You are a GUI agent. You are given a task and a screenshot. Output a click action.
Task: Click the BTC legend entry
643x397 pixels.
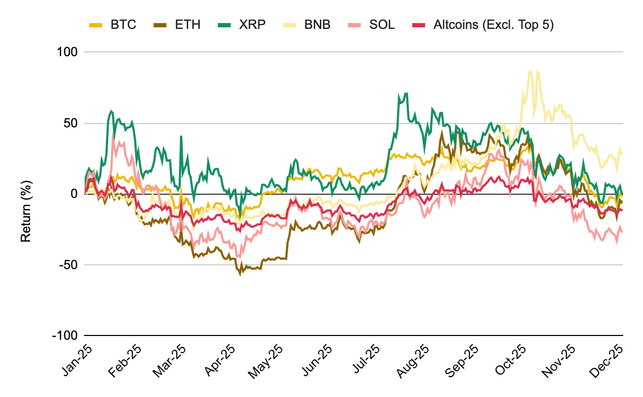pyautogui.click(x=113, y=25)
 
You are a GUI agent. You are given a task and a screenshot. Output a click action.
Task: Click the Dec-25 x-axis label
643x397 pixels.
pyautogui.click(x=608, y=357)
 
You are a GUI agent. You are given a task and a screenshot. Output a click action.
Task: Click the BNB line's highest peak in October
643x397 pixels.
pyautogui.click(x=530, y=71)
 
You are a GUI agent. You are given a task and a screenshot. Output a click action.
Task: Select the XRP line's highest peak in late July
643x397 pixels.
pyautogui.click(x=407, y=93)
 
